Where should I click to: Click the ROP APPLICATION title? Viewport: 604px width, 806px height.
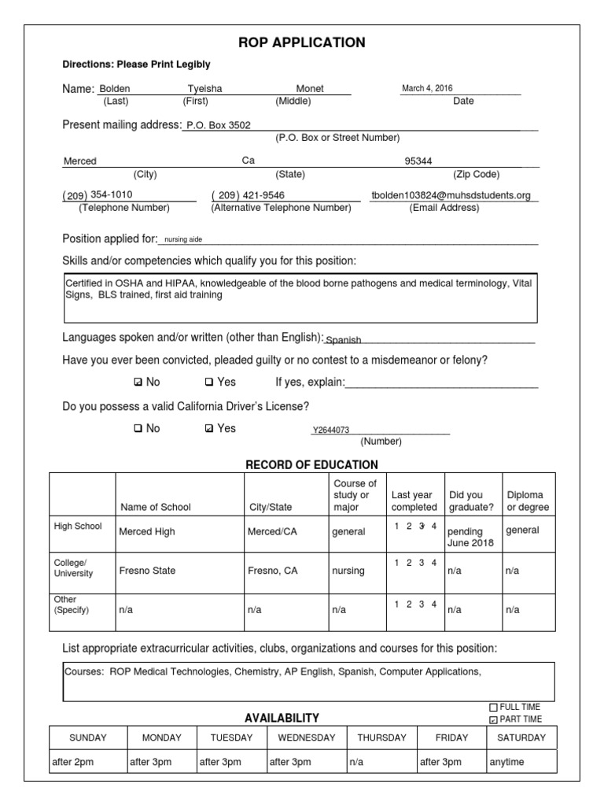(x=302, y=43)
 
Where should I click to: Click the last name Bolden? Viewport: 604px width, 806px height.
(x=114, y=89)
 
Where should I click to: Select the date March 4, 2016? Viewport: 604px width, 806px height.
(x=427, y=88)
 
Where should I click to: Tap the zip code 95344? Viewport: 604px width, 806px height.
(x=418, y=161)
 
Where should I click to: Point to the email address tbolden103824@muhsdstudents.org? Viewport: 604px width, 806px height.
(x=451, y=195)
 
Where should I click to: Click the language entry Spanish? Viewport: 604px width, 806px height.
(x=344, y=340)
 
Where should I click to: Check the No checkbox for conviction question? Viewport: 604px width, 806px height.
(x=138, y=383)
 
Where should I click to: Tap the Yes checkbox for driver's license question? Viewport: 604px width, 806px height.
(x=208, y=429)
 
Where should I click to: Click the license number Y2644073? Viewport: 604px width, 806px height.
(x=331, y=430)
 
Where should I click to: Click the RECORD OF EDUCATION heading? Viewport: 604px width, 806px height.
(x=311, y=464)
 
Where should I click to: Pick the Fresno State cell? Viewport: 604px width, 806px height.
(x=147, y=571)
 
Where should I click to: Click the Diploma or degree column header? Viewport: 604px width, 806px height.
(x=528, y=501)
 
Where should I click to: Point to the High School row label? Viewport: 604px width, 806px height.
(x=77, y=526)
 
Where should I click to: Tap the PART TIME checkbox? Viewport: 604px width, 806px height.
(x=493, y=719)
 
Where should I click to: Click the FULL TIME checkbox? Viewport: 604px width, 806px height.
(x=493, y=707)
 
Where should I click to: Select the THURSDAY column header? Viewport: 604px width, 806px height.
(x=381, y=738)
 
